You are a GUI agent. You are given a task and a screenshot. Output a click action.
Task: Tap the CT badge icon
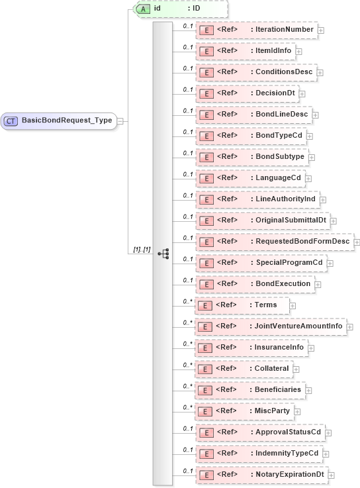tap(11, 121)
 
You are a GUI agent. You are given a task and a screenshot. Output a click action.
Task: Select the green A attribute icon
tap(143, 9)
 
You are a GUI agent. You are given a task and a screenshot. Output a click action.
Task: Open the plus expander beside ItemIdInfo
tap(299, 51)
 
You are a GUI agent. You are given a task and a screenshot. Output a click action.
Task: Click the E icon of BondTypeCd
tap(206, 136)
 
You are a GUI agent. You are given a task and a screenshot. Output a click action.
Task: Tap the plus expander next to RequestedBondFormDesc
tap(357, 242)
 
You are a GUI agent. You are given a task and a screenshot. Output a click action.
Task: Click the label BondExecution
tap(283, 283)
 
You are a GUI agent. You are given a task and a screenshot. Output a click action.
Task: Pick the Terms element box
tap(242, 305)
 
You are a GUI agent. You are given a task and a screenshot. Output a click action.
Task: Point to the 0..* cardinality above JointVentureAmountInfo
tap(187, 321)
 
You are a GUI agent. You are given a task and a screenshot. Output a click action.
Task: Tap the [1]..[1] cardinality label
tap(142, 250)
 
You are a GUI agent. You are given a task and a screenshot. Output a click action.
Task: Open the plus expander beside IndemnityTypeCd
tap(327, 454)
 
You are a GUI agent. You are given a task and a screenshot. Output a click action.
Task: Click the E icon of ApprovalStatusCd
tap(206, 432)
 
